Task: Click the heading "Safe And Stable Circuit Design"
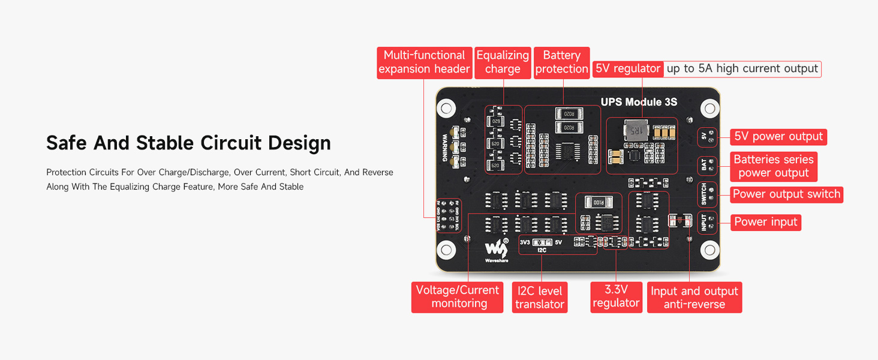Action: click(188, 143)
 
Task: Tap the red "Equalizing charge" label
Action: click(503, 62)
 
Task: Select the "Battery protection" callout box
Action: click(561, 62)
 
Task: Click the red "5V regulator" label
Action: click(628, 69)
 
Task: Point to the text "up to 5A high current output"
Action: click(742, 69)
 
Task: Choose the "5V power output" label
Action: click(778, 137)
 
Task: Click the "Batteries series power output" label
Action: click(774, 166)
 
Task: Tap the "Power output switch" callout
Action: click(786, 194)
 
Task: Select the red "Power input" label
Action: click(766, 222)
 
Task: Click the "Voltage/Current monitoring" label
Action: click(458, 297)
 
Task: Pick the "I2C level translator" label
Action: click(540, 298)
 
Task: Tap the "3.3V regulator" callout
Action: click(616, 297)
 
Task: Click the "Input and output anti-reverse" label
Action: click(694, 298)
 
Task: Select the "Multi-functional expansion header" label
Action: click(424, 62)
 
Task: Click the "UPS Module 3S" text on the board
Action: click(639, 102)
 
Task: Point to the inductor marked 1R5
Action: click(635, 130)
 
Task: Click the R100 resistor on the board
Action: click(599, 203)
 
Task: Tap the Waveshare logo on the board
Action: click(495, 249)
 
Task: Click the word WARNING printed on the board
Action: click(445, 148)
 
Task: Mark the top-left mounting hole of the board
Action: click(445, 109)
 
